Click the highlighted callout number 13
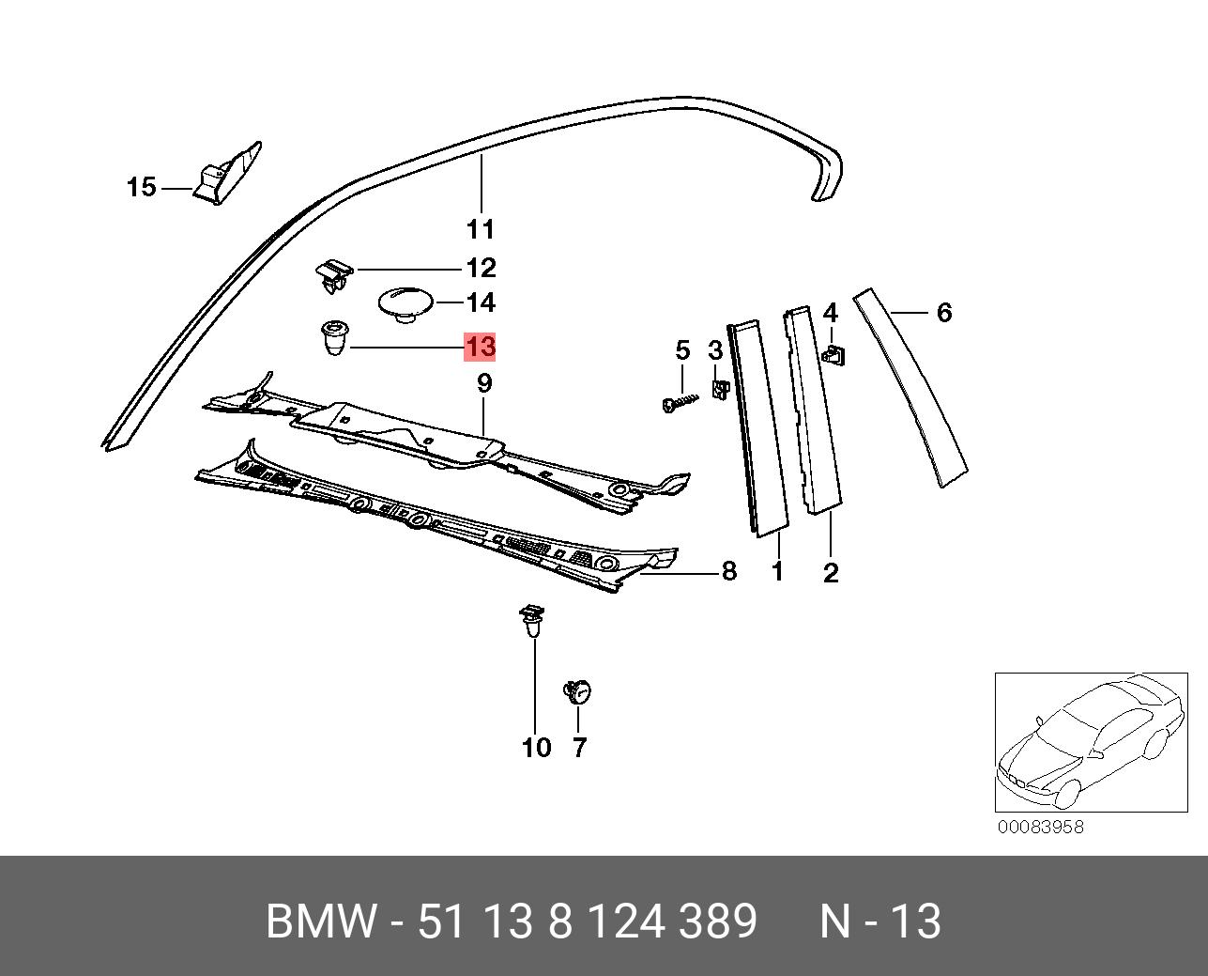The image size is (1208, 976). coord(480,347)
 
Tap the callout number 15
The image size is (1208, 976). coord(141,188)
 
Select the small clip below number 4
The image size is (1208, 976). coord(833,355)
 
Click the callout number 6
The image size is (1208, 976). coord(943,312)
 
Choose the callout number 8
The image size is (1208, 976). coord(728,570)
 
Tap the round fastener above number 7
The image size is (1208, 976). coord(577,692)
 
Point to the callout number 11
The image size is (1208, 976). coord(480,229)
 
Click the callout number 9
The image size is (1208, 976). coord(483,383)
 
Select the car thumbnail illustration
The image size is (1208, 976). coord(1091,741)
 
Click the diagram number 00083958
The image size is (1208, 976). coord(1040,827)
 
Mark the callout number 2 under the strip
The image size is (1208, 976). coord(831,572)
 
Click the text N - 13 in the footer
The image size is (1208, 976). coord(879,922)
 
